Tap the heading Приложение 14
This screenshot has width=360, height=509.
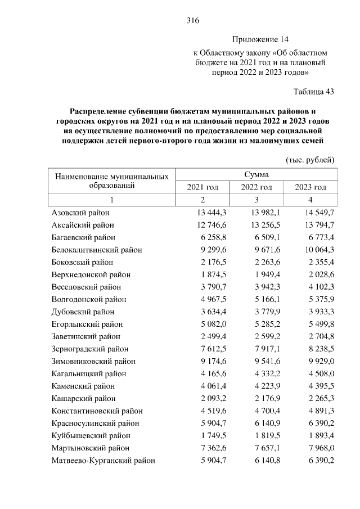point(259,40)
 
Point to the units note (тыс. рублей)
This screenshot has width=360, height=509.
point(310,160)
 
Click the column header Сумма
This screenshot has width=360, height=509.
point(256,175)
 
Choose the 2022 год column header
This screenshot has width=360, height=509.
point(256,187)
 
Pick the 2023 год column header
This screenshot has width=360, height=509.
point(310,187)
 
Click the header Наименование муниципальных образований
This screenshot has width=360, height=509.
point(111,181)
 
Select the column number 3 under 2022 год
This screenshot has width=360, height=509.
point(256,200)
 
